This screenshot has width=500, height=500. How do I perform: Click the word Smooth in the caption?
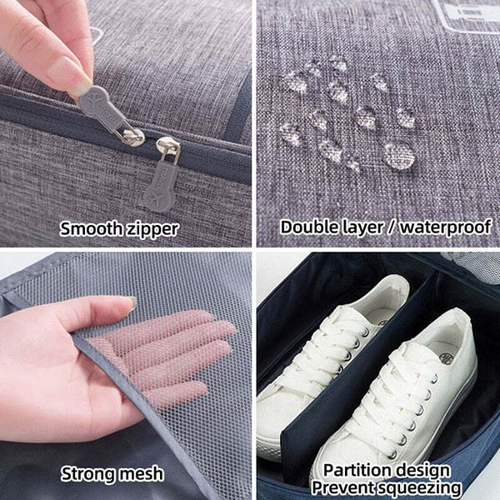click(x=92, y=229)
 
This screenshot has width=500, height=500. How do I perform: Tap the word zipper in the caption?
click(x=152, y=230)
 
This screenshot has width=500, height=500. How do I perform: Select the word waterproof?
click(x=445, y=227)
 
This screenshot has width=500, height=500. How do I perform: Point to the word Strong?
click(x=87, y=474)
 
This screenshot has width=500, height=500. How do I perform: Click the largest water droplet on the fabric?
click(x=399, y=156)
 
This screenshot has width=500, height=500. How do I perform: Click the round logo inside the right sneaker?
click(x=446, y=357)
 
